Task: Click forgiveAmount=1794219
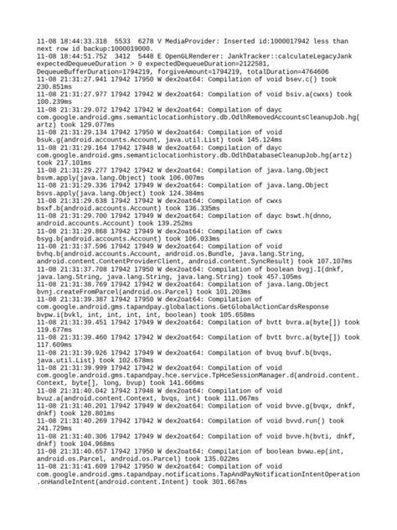pyautogui.click(x=200, y=80)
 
